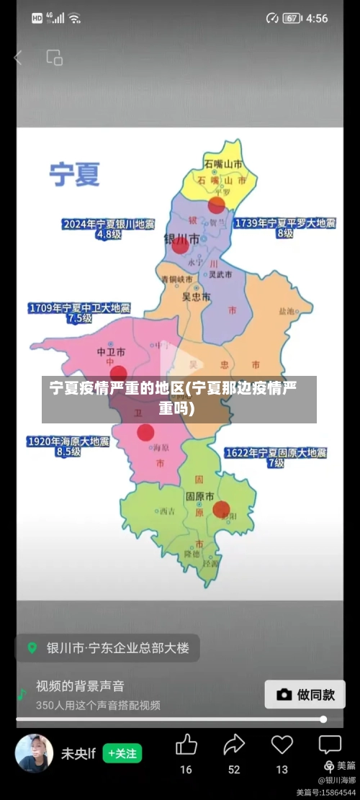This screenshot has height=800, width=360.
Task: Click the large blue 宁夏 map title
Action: click(74, 174)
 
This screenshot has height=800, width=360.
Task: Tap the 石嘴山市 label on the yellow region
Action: click(222, 163)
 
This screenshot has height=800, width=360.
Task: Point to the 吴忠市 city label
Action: click(196, 296)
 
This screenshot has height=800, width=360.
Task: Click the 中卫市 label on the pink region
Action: click(111, 352)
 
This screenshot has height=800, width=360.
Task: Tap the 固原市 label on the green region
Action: click(199, 496)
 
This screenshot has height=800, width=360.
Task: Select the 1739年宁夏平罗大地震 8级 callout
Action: click(285, 228)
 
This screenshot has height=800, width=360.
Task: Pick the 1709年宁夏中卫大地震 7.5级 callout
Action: click(79, 313)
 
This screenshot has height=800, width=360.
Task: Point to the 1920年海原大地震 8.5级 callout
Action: click(68, 446)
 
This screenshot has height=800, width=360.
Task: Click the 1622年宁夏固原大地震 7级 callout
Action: click(276, 458)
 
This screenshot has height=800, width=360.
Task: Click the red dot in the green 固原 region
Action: click(221, 509)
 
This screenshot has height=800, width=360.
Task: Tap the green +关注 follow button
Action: click(122, 753)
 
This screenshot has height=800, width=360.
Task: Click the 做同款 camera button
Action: click(305, 694)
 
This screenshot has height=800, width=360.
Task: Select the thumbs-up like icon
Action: click(186, 745)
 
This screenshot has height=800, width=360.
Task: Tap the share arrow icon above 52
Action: click(234, 745)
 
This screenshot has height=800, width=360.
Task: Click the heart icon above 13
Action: click(282, 745)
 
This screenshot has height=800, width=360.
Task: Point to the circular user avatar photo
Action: click(35, 753)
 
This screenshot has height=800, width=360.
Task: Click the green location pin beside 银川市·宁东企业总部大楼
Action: click(32, 647)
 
